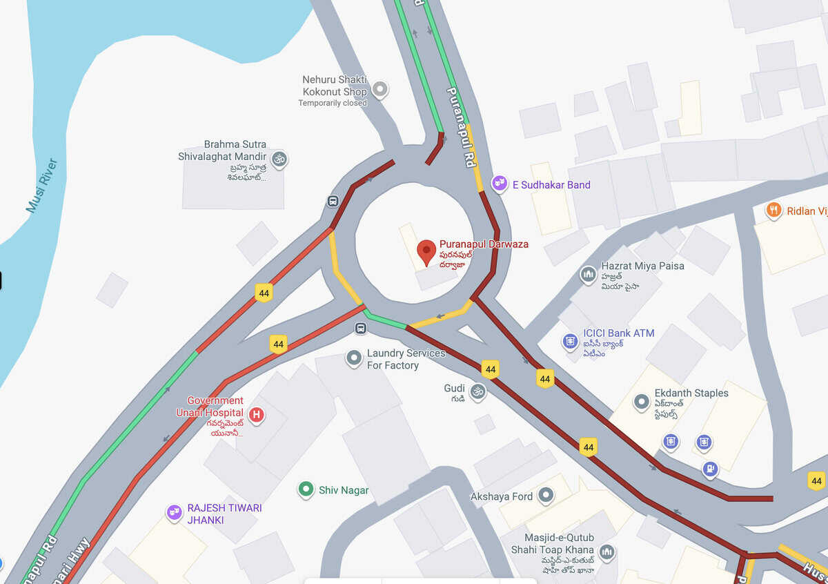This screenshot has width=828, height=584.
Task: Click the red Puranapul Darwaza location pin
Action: [427, 251]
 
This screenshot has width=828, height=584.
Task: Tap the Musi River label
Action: [42, 185]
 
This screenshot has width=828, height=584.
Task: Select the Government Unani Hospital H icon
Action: [257, 415]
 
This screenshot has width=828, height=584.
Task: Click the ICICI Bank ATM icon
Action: [570, 341]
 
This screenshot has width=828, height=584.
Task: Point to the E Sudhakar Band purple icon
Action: [499, 184]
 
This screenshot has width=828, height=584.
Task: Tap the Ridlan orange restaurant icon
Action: [773, 210]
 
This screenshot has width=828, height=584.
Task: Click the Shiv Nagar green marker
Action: [306, 489]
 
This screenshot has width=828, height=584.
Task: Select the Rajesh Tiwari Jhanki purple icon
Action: [174, 513]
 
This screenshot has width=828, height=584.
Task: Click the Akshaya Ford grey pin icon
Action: [546, 495]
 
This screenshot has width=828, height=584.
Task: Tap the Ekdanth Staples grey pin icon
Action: [642, 401]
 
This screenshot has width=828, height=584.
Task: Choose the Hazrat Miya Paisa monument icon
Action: [588, 274]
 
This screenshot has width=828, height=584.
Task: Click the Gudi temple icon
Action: [477, 392]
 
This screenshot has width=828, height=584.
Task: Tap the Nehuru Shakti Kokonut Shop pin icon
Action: [379, 89]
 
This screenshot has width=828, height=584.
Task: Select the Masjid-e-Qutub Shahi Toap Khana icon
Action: [607, 552]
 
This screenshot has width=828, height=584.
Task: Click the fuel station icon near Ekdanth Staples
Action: [710, 469]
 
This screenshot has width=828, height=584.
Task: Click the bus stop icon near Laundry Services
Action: [360, 329]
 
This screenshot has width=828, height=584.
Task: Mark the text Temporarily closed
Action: [333, 103]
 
